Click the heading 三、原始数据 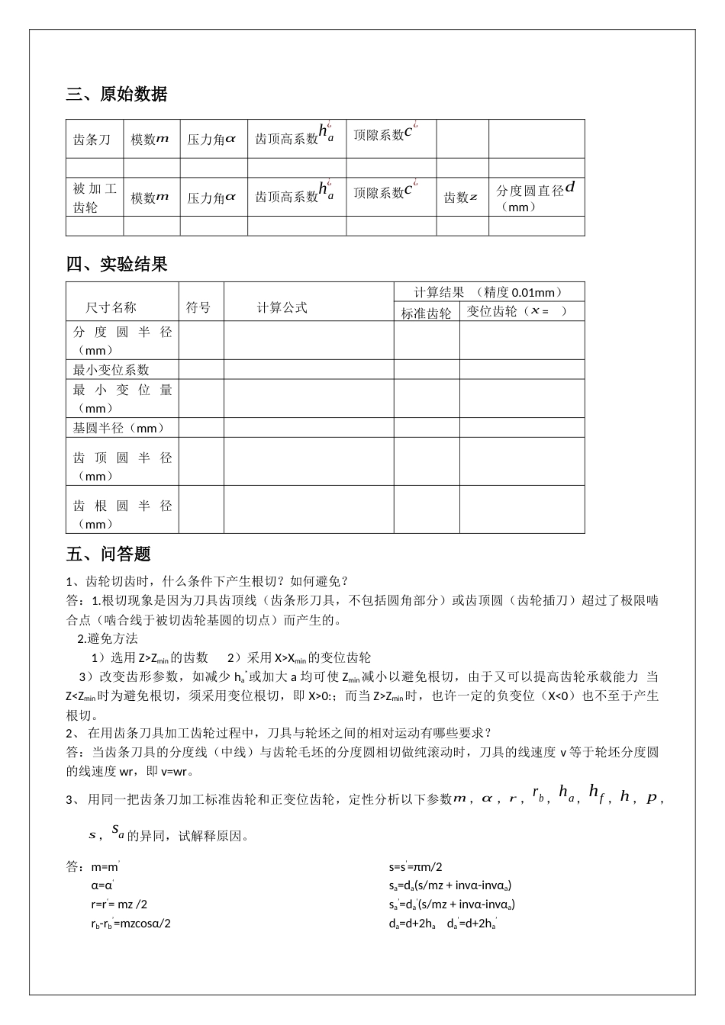[x=117, y=95]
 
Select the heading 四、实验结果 [x=117, y=265]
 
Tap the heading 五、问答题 [x=108, y=554]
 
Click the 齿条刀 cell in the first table [x=92, y=140]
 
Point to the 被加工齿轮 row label [x=95, y=198]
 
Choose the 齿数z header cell [x=461, y=198]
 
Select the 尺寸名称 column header [x=111, y=307]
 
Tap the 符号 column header [x=198, y=307]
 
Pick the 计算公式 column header [x=282, y=307]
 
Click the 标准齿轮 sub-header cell [x=426, y=313]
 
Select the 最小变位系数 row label [x=111, y=370]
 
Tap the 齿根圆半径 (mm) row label [x=122, y=515]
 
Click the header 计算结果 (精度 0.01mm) [x=488, y=292]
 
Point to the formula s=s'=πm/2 [x=415, y=867]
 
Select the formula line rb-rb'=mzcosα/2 [x=130, y=924]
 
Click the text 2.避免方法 [x=108, y=639]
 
